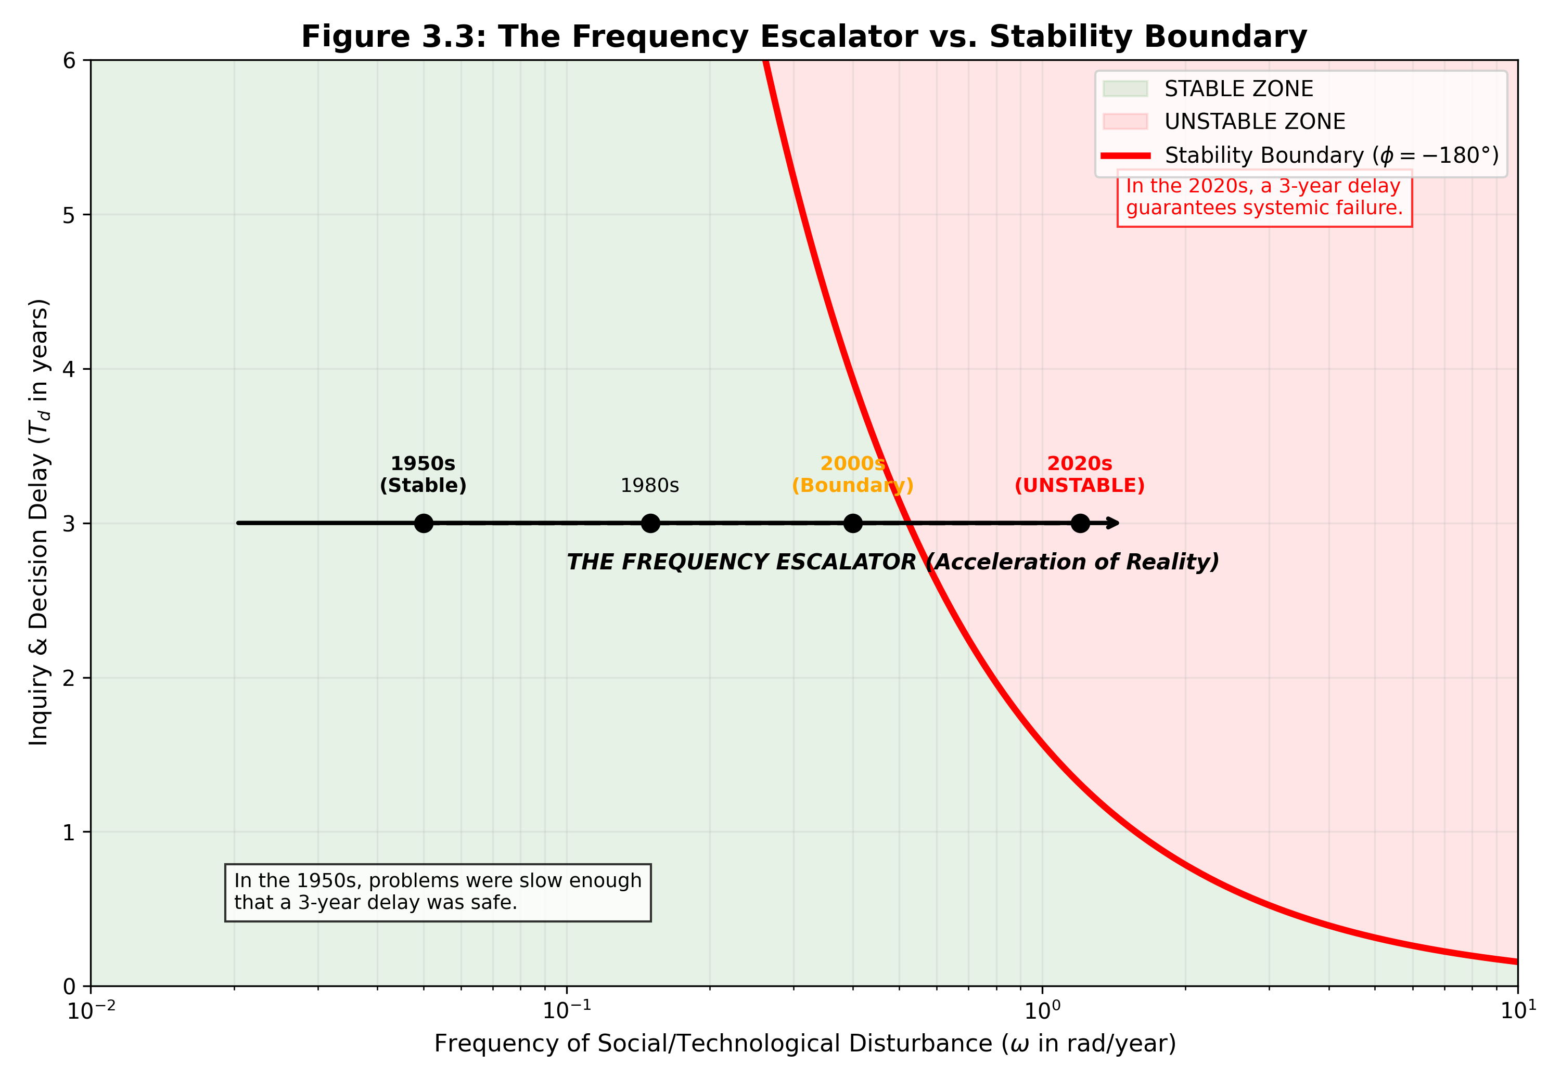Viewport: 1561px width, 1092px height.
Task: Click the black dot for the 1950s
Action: (424, 523)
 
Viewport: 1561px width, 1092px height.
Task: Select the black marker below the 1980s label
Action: (650, 523)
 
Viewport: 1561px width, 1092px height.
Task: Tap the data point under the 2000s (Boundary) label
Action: (853, 523)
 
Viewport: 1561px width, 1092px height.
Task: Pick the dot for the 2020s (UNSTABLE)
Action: (1080, 523)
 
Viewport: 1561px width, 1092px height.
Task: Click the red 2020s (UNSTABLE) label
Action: (1080, 474)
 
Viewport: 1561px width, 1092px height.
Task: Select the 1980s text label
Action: (649, 485)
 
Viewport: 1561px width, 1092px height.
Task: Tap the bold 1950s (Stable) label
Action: (423, 474)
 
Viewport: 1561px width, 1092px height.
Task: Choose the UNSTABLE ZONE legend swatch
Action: (1125, 122)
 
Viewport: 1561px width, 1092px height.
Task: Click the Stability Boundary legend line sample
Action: (1125, 155)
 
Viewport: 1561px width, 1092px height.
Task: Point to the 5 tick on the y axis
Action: (69, 215)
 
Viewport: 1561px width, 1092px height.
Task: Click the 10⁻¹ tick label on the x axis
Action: (566, 1010)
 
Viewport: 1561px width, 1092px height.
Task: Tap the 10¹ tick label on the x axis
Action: (1517, 1010)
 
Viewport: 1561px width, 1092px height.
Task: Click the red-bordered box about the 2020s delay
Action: (1264, 197)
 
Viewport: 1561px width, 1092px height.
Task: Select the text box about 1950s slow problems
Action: (438, 892)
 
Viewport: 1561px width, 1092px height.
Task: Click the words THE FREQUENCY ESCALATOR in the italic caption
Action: (741, 562)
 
